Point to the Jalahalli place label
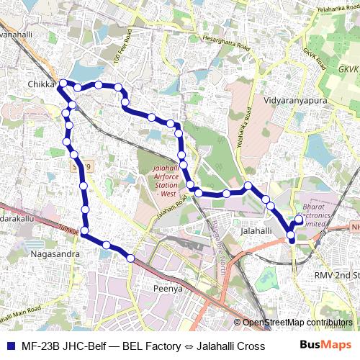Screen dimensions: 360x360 [255, 230]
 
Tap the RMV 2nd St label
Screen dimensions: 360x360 [337, 275]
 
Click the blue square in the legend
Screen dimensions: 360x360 [10, 346]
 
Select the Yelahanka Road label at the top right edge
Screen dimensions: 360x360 [338, 6]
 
